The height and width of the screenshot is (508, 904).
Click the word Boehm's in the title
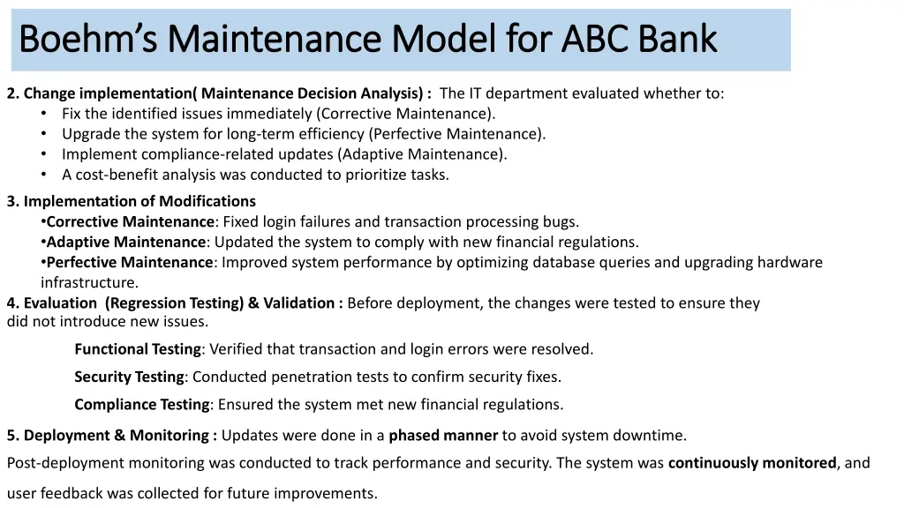point(85,39)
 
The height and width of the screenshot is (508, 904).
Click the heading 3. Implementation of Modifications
point(132,201)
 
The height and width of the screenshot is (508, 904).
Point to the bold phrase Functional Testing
point(138,349)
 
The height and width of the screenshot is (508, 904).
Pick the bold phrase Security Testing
point(129,377)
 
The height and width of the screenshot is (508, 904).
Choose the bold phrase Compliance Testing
point(141,405)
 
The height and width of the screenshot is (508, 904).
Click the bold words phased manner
point(445,435)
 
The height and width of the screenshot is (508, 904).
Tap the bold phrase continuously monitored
point(752,463)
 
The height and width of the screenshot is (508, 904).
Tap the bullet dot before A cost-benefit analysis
point(44,175)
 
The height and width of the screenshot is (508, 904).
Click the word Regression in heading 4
point(143,303)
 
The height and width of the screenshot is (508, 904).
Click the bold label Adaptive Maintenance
point(125,243)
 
